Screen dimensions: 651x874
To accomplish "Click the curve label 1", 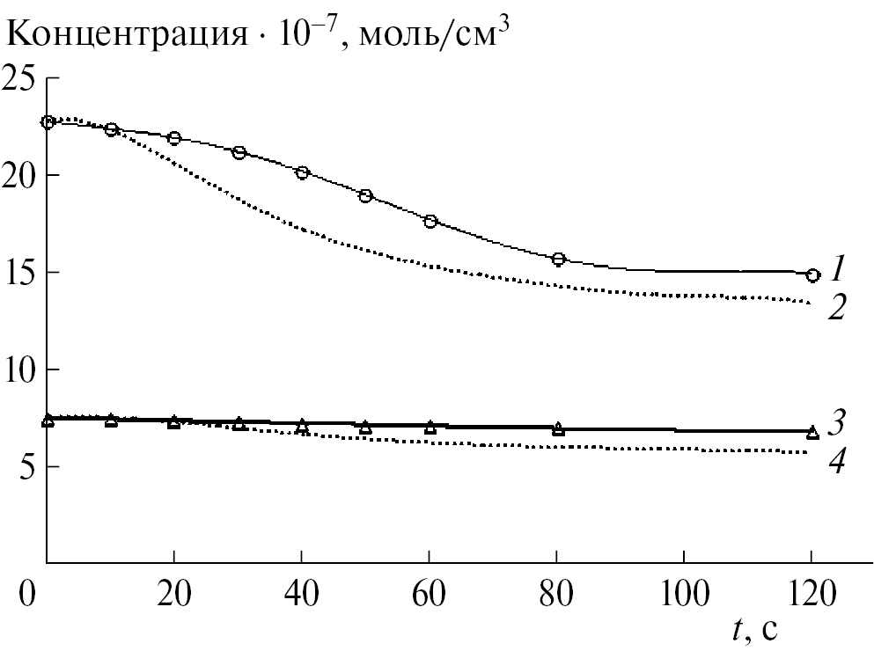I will (838, 265).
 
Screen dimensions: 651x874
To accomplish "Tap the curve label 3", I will (838, 421).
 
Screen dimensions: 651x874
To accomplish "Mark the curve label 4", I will (837, 461).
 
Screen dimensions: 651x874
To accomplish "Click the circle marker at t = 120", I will (812, 275).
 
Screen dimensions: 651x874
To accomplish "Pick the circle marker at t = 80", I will (558, 260).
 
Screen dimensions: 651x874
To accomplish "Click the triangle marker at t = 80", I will (558, 429).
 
